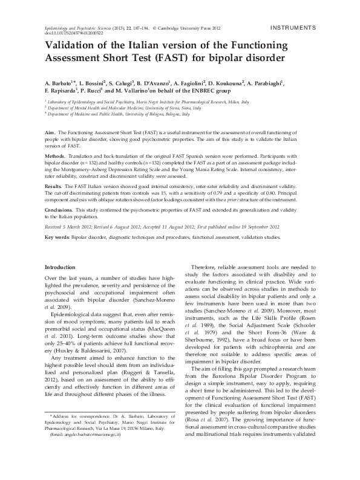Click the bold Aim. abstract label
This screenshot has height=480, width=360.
(51, 131)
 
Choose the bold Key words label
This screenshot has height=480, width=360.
(58, 238)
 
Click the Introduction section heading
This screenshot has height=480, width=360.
(64, 267)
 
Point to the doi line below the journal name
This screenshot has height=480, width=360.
(71, 34)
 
